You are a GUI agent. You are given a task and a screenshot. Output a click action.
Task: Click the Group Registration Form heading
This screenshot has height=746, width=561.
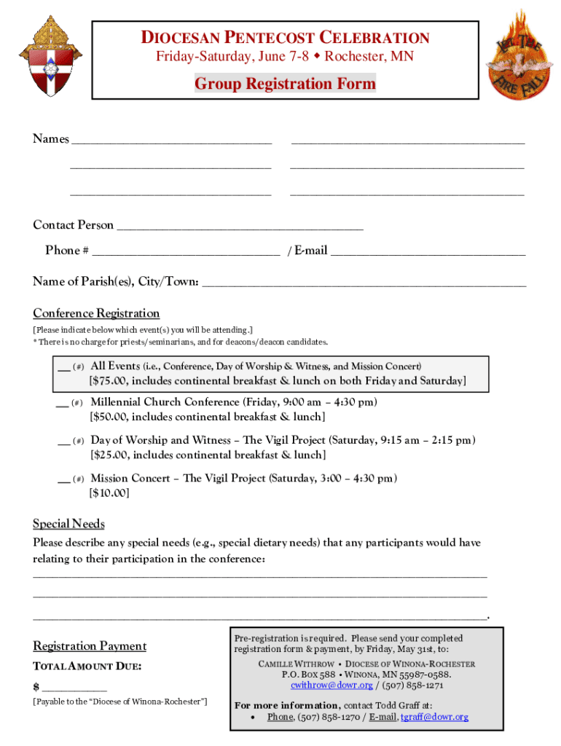pos(285,84)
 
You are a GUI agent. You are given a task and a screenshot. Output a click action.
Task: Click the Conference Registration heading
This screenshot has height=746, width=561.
pos(96,313)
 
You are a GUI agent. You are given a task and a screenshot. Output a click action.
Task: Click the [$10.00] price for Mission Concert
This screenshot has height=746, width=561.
pos(109,493)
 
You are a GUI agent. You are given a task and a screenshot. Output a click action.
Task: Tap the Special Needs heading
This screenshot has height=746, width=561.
pos(68,524)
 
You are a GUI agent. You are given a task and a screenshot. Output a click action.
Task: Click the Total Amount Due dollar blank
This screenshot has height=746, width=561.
pos(74,688)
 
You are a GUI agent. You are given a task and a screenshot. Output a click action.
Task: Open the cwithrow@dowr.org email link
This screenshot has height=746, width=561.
pos(331,686)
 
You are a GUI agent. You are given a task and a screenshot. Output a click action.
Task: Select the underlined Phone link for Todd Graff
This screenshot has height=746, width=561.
pos(280,717)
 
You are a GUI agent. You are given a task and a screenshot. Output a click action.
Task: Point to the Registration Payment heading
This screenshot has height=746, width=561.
pos(90,646)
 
